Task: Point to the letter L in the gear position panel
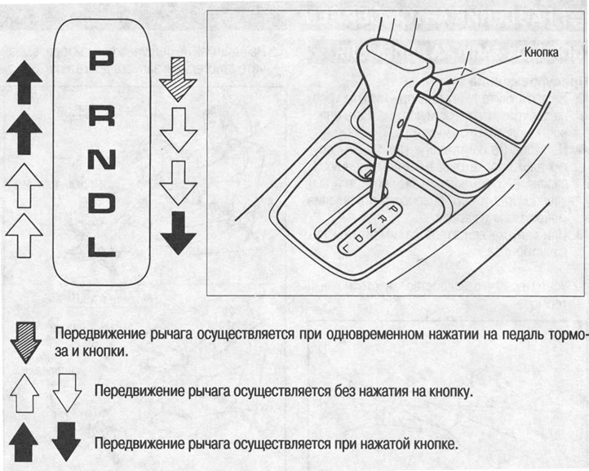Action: point(101,242)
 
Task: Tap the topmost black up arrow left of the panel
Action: point(24,82)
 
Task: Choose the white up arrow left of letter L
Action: point(24,236)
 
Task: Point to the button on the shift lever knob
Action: point(426,83)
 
